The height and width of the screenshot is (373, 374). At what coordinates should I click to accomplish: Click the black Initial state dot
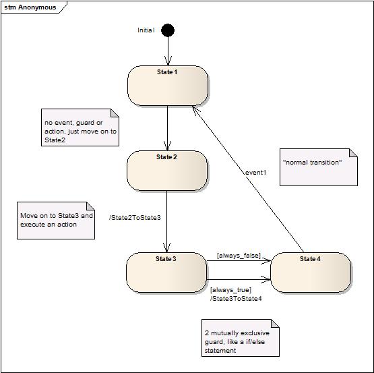pos(168,30)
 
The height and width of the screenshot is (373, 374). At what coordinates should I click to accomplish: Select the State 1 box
pos(168,86)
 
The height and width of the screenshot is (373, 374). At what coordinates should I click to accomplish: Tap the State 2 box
pos(167,171)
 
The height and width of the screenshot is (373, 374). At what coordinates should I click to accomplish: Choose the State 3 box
pos(166,272)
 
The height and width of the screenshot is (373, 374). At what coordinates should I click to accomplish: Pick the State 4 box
pos(311,272)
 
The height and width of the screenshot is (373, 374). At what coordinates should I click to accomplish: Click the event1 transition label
pos(255,173)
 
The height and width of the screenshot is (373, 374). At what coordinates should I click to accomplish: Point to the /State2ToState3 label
pos(135,218)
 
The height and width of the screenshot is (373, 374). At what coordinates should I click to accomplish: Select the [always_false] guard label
pos(239,256)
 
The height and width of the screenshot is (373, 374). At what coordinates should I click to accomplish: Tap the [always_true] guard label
pos(230,290)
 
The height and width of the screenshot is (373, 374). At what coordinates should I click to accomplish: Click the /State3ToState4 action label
pos(236,299)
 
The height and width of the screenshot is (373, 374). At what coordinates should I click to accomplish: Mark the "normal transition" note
pos(319,167)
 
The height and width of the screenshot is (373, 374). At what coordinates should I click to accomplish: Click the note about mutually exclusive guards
pos(241,338)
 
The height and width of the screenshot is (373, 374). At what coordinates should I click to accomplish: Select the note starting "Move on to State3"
pos(56,221)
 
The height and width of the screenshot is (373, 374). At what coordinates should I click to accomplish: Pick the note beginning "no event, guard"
pos(80,127)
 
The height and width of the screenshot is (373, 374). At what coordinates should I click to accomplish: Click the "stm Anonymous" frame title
pos(30,7)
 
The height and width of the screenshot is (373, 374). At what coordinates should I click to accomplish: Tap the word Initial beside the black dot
pos(146,30)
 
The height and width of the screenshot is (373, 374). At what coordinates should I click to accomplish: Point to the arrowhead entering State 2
pos(167,146)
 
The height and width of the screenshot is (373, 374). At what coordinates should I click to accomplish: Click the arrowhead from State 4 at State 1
pos(195,111)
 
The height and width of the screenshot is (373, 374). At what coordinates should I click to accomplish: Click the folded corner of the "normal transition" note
pos(354,153)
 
